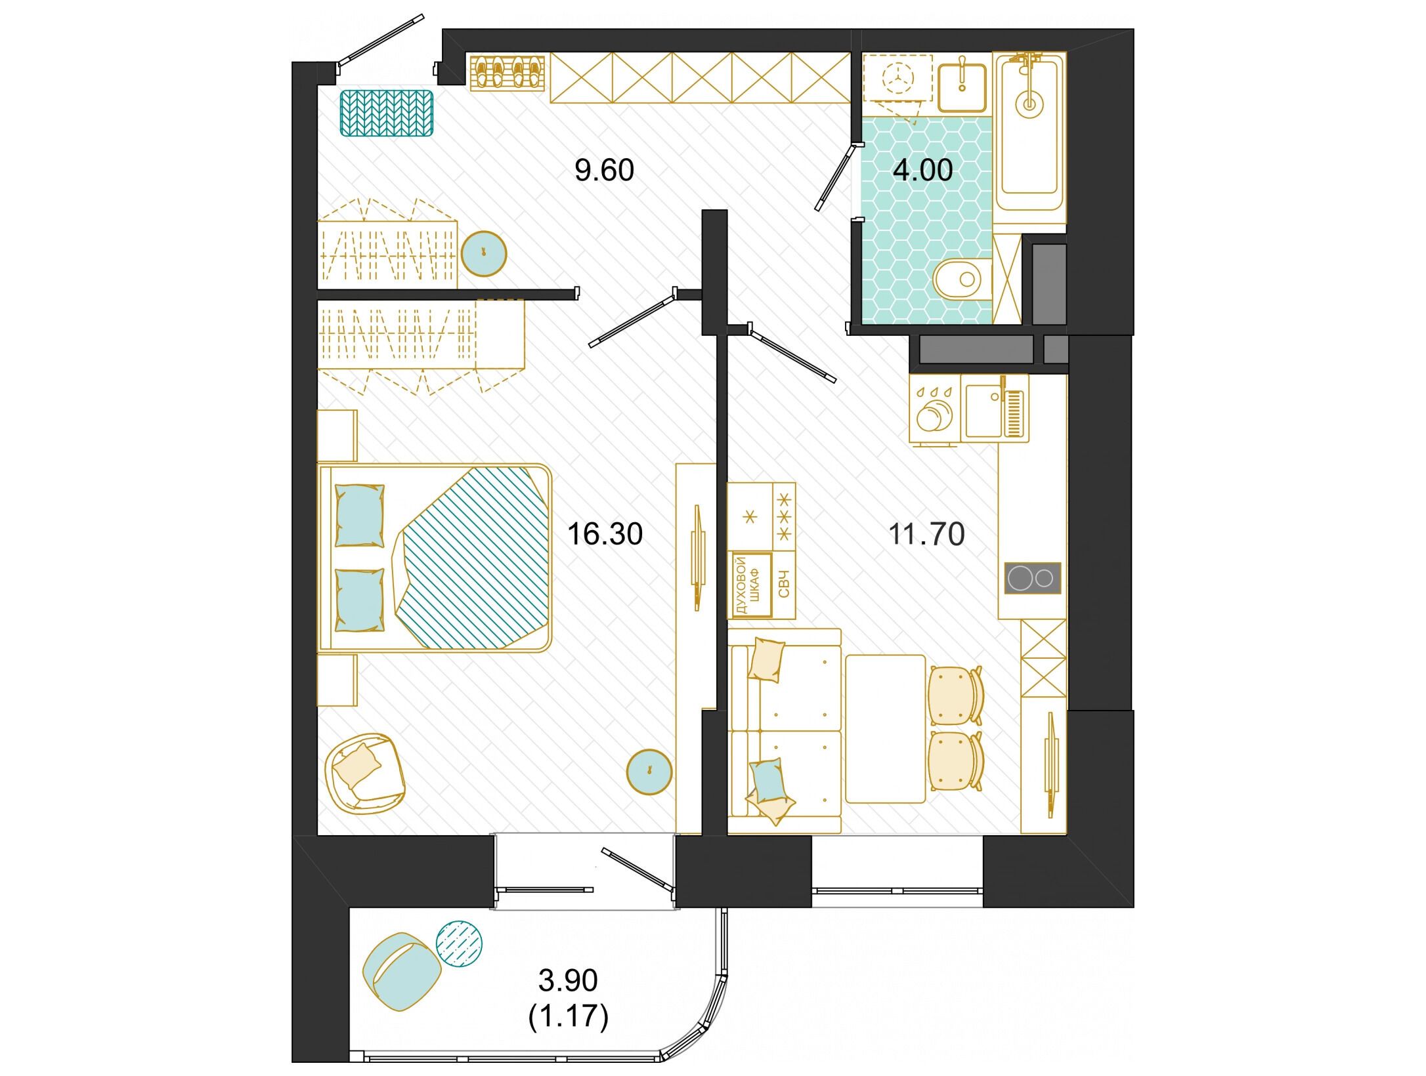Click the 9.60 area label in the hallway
pos(604,171)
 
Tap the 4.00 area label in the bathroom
pos(922,170)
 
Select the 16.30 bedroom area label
pos(605,534)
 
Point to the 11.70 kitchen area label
pos(926,534)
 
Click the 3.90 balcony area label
pos(568,980)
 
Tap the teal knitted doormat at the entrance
pos(387,113)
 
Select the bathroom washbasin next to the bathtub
pos(962,87)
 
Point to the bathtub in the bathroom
pos(1029,131)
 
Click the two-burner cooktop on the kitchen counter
pos(1033,578)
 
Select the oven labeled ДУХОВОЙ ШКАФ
pos(752,585)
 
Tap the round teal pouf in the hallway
pos(484,253)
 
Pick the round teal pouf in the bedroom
pos(649,772)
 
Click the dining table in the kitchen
pos(886,728)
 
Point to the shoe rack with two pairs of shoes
pos(508,72)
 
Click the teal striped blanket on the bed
pos(473,558)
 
